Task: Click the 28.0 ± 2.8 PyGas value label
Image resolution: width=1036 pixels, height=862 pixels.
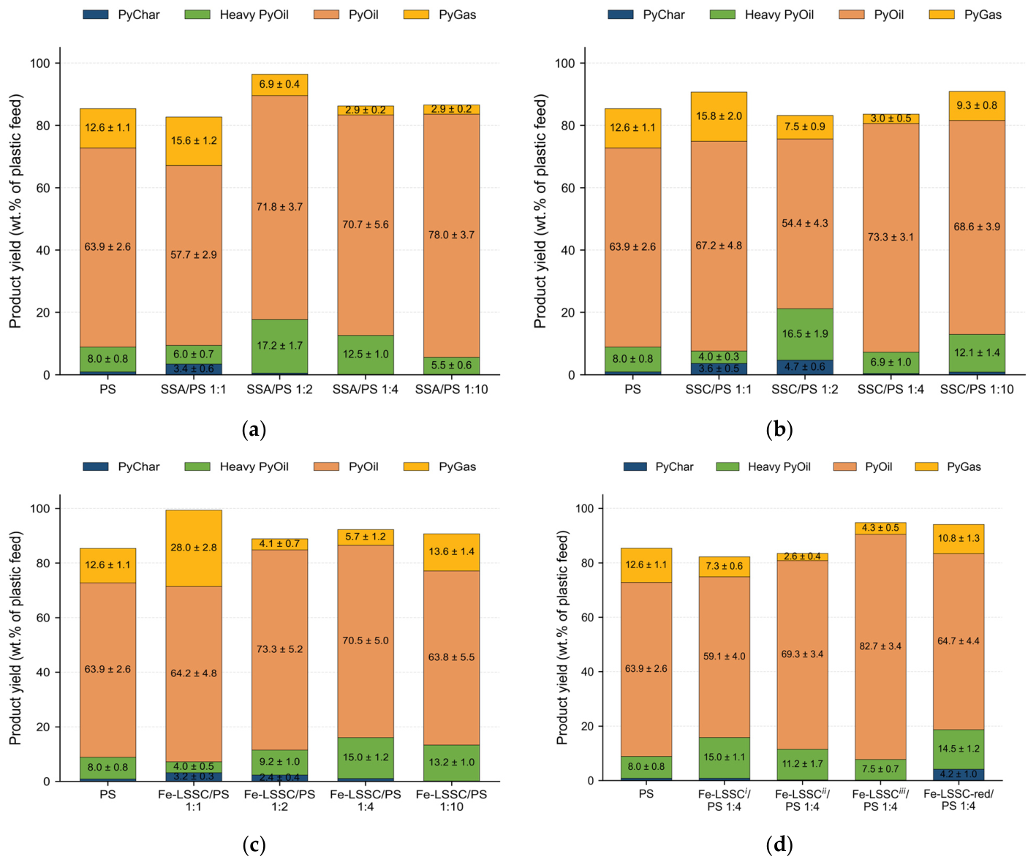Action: [x=194, y=547]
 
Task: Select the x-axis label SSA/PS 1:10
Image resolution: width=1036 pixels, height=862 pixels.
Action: [x=451, y=390]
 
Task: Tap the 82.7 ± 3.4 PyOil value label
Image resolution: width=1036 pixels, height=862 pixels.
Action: [x=880, y=646]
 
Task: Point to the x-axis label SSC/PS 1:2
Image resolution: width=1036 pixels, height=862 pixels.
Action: [x=804, y=390]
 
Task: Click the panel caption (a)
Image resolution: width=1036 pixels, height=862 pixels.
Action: [x=254, y=429]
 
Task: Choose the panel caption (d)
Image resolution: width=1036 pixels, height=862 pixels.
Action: [x=779, y=844]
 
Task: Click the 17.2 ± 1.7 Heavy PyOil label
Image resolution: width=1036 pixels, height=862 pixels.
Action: [x=279, y=345]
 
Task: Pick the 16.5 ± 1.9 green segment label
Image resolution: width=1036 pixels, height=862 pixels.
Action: [x=804, y=333]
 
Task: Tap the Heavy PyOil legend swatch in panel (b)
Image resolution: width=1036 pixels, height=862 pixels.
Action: [x=722, y=15]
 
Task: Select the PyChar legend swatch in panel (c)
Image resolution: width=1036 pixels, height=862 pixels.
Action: [x=95, y=466]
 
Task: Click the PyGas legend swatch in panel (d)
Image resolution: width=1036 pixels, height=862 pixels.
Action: [x=926, y=466]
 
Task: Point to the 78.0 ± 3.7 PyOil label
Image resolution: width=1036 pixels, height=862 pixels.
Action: [x=451, y=234]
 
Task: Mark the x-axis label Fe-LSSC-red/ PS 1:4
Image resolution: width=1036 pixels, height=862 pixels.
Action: [x=958, y=800]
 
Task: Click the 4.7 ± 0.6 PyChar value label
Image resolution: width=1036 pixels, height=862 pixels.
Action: [x=804, y=367]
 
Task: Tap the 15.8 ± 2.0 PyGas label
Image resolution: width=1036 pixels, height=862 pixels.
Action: [x=719, y=116]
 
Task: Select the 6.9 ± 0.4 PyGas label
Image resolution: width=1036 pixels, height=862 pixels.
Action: [x=279, y=84]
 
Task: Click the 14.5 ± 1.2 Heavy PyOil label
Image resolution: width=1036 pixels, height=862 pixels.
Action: [x=958, y=748]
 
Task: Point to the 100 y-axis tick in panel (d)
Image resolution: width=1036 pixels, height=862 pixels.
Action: [x=583, y=508]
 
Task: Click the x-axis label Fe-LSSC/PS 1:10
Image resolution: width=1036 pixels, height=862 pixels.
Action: [x=451, y=800]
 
